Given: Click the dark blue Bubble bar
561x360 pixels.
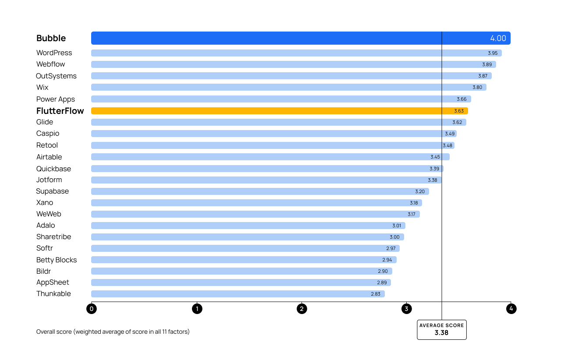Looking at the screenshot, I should [x=263, y=38].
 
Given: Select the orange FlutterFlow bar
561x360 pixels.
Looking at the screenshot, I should [x=263, y=111].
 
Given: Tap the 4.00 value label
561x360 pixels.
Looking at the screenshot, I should [x=498, y=38].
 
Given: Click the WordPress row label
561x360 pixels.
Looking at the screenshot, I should [x=54, y=53].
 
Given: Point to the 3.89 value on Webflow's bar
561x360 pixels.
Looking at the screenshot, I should [x=487, y=64].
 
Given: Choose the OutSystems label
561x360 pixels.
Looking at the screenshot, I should [x=56, y=76].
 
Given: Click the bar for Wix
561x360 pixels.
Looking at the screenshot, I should [x=263, y=87].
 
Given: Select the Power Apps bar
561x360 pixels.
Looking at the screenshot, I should [x=263, y=99].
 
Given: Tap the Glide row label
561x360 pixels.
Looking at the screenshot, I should [x=45, y=122].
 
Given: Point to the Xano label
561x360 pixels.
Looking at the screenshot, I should [x=45, y=202].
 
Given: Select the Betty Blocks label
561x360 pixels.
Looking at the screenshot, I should [x=57, y=260].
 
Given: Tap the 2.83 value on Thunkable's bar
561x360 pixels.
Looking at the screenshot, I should [x=376, y=294].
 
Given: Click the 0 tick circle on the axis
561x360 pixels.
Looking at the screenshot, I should [x=92, y=309].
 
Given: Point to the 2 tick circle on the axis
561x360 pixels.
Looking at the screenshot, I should [x=302, y=309].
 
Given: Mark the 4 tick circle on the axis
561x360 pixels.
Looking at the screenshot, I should [x=511, y=309].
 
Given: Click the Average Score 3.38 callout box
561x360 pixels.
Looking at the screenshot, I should [x=441, y=329].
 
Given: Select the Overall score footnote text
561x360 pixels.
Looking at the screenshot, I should [x=113, y=332].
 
